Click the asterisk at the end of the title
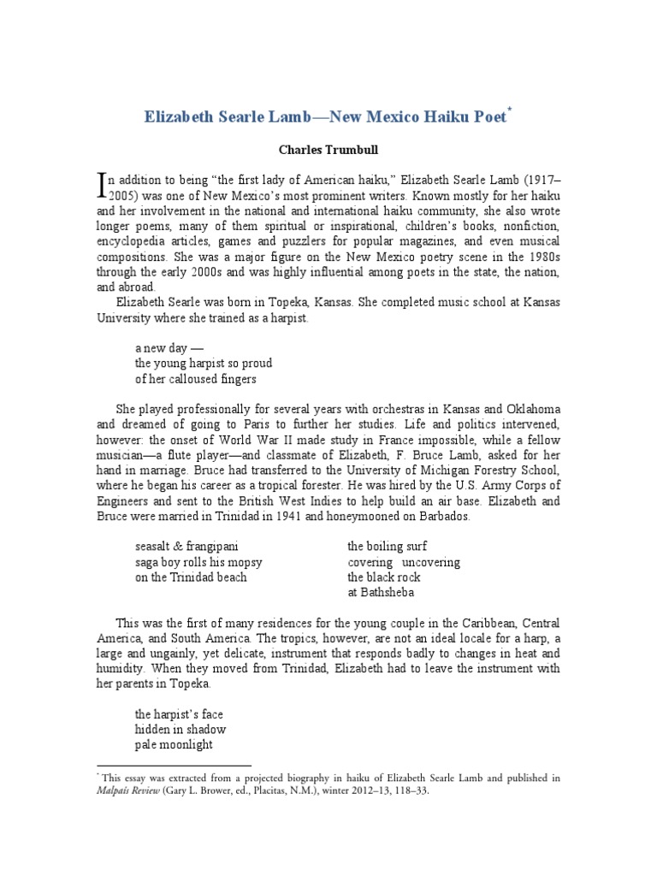[511, 110]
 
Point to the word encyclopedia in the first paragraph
[134, 242]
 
